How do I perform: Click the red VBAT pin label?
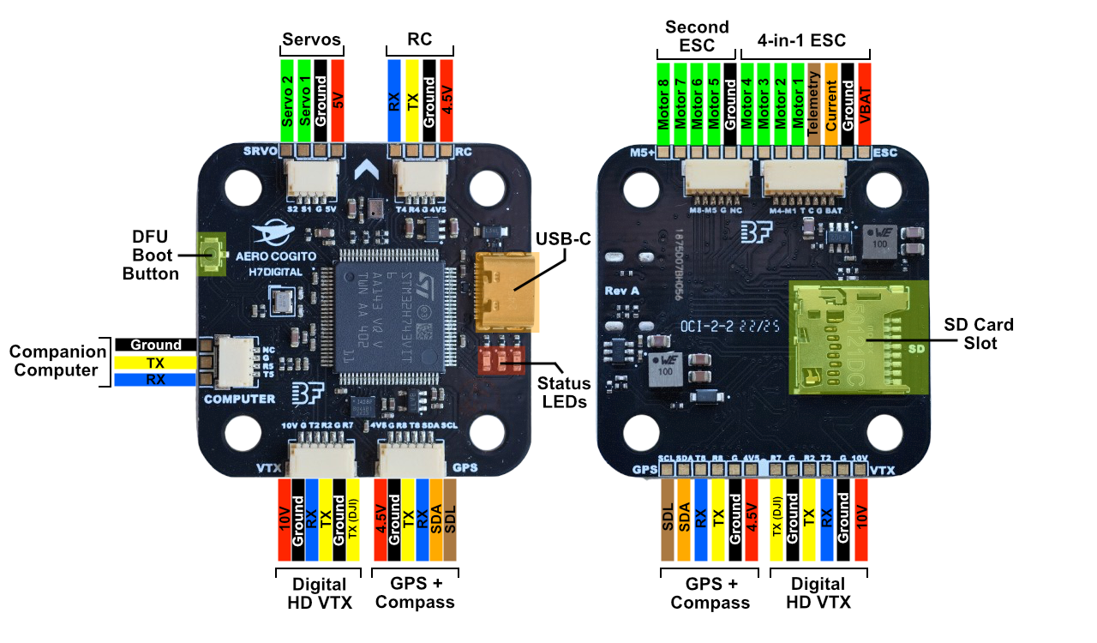pos(864,99)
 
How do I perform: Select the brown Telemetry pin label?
pos(814,99)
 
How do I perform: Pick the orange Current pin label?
pos(830,99)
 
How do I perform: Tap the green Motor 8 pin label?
pos(663,99)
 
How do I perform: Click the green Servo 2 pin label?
pos(288,99)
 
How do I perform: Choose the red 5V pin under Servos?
pos(338,99)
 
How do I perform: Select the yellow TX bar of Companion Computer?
pos(155,363)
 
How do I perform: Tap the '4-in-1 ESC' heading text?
pos(801,40)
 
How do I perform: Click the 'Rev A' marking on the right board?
pos(622,290)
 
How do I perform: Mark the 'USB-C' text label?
pos(563,239)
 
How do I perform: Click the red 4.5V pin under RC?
pos(446,99)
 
